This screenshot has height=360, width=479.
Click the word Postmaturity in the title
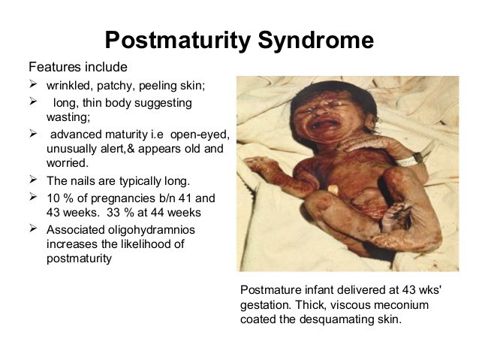point(178,40)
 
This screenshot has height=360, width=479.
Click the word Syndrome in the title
point(316,40)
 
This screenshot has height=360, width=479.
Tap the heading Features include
point(78,67)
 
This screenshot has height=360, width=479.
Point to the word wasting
point(68,117)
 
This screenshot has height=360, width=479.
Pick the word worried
point(68,163)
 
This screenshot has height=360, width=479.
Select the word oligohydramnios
point(152,230)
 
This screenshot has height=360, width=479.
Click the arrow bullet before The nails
point(33,179)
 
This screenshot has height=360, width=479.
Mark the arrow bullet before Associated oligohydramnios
point(33,228)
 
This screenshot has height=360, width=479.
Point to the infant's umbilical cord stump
point(333,190)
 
